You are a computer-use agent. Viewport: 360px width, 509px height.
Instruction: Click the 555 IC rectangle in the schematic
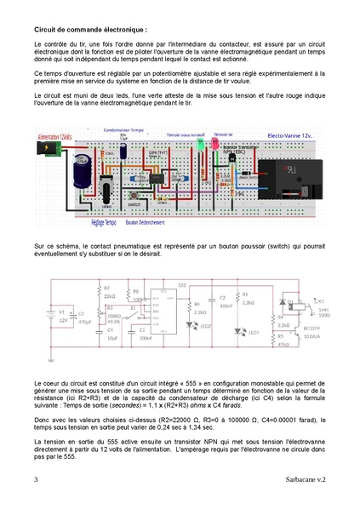(158, 315)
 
